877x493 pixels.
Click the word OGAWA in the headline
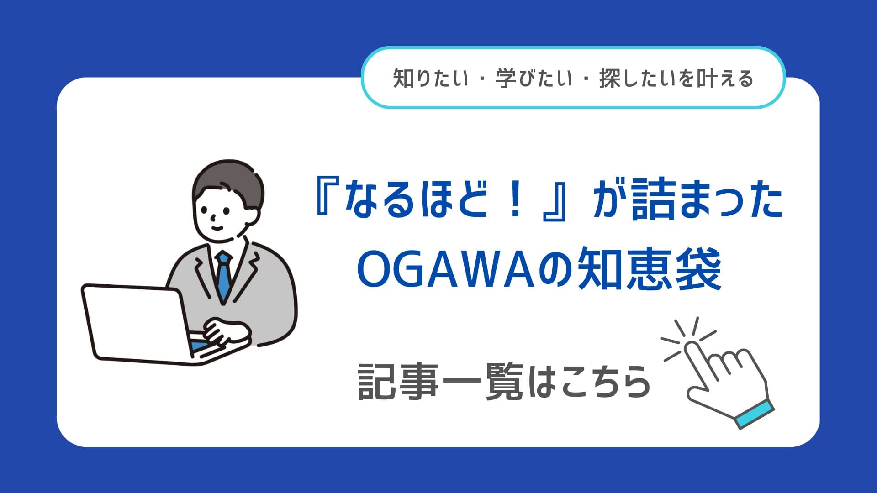point(446,270)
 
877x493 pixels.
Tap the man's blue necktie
point(223,277)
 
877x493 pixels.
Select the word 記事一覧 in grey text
point(440,382)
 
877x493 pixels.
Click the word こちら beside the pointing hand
point(606,383)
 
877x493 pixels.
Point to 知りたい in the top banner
point(431,79)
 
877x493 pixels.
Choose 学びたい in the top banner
point(534,79)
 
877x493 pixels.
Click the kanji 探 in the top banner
point(609,79)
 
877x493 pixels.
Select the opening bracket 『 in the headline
point(326,201)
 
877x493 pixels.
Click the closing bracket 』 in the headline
point(554,201)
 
